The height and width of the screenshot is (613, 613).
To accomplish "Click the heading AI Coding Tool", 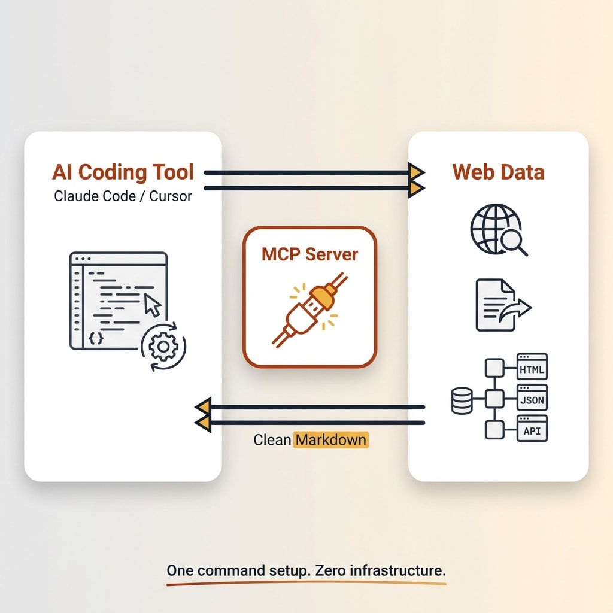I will [123, 172].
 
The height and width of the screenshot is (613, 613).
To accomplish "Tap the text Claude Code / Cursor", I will [123, 196].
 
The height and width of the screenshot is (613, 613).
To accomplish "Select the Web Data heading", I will [498, 172].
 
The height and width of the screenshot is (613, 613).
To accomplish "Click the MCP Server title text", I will [309, 254].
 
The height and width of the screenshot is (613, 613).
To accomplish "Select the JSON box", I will [532, 397].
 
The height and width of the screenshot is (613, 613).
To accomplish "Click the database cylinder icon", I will [462, 400].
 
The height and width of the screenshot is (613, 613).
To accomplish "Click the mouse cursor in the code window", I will [153, 306].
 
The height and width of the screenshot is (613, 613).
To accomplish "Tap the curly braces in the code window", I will [96, 338].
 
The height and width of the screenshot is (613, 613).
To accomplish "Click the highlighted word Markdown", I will [331, 440].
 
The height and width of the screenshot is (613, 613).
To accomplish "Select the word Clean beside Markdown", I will [272, 440].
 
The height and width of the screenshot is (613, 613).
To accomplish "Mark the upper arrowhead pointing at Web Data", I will [417, 172].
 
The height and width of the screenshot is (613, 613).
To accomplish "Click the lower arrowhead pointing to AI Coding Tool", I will [202, 423].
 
